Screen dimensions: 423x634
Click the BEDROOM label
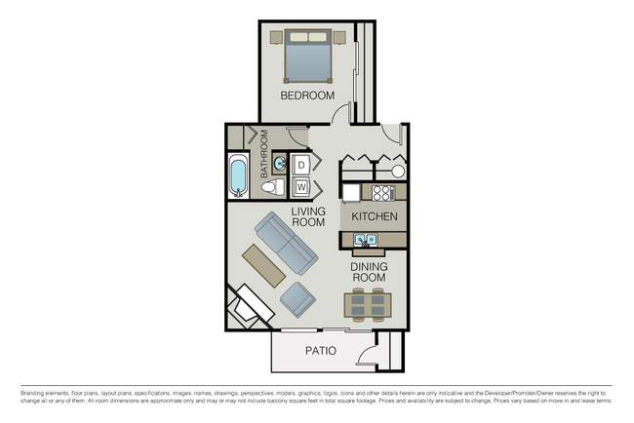coord(307,96)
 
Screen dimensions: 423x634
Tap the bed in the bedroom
coord(308,57)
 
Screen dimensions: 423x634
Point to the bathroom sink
coord(279,162)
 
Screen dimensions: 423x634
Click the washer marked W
coord(301,185)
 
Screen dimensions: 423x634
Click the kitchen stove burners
coord(383,192)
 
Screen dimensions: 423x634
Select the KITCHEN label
coord(375,215)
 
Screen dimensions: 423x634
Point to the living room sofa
coord(285,246)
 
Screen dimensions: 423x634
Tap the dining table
coord(369,305)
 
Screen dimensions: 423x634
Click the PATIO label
coord(321,351)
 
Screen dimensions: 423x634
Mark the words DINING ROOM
coord(369,270)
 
